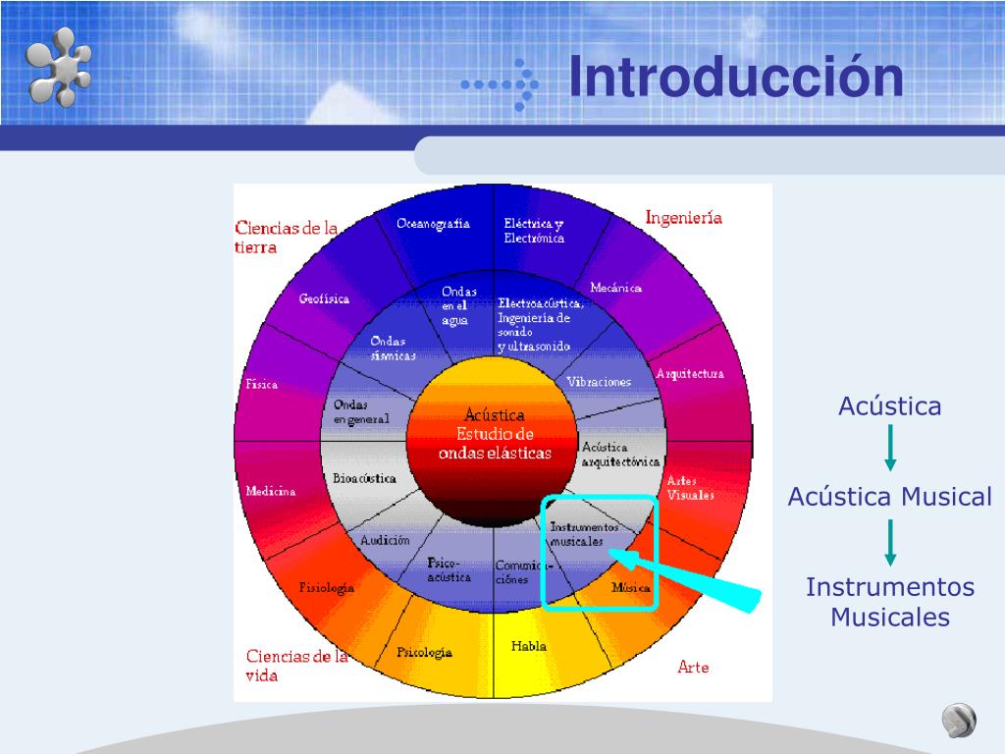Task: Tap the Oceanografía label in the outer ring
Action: click(x=433, y=224)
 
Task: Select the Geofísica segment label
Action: click(x=324, y=298)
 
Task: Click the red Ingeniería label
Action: click(x=683, y=218)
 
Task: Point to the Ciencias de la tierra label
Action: click(x=286, y=238)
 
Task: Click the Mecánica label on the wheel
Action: click(x=615, y=288)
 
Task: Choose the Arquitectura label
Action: click(x=690, y=374)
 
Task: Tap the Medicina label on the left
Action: click(x=271, y=491)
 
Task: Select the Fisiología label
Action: click(x=327, y=587)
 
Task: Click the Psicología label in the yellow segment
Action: click(x=424, y=652)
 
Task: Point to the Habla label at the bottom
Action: click(x=529, y=646)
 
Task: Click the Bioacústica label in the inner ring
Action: click(x=364, y=479)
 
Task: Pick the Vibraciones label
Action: click(x=599, y=382)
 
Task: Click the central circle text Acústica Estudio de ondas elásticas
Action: click(x=495, y=434)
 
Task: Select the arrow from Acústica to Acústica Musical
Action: click(x=890, y=448)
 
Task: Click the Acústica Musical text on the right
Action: click(x=889, y=497)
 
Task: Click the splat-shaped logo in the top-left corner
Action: click(x=59, y=66)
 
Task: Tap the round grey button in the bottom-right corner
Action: click(x=959, y=722)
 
